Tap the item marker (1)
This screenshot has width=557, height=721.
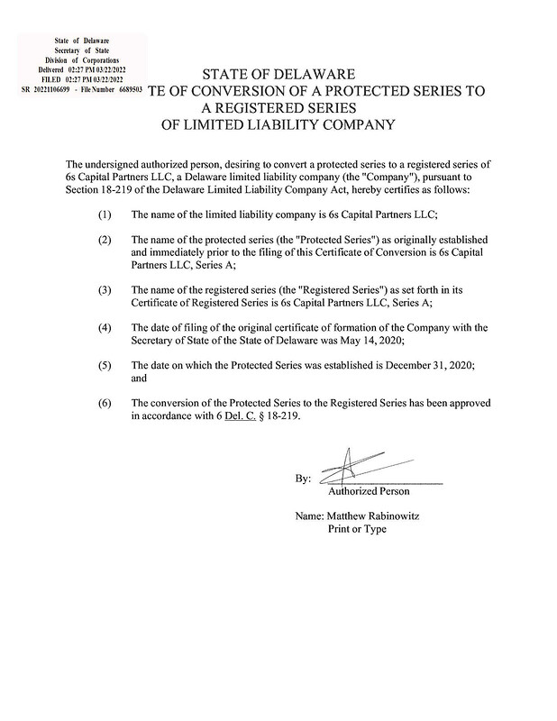pyautogui.click(x=105, y=214)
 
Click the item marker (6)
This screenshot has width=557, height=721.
pyautogui.click(x=105, y=401)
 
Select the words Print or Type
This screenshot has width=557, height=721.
pyautogui.click(x=356, y=529)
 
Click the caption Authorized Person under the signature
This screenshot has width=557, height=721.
pyautogui.click(x=368, y=491)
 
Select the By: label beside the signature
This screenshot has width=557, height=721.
pyautogui.click(x=303, y=479)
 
